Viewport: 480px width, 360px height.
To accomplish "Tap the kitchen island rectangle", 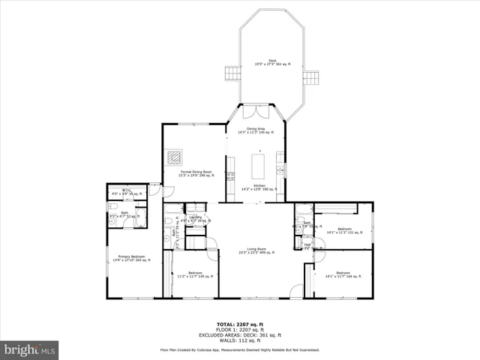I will (258, 165).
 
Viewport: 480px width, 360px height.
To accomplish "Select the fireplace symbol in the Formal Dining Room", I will (174, 157).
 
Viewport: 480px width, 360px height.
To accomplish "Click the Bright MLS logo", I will (29, 349).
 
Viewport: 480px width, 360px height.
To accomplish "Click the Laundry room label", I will (195, 219).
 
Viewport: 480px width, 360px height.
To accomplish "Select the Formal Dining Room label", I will (196, 173).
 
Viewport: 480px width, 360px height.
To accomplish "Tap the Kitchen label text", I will (258, 187).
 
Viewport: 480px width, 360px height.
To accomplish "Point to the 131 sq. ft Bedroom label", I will (344, 230).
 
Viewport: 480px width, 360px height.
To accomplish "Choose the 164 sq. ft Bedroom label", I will (343, 274).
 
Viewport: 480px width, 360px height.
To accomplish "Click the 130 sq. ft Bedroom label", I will (195, 274).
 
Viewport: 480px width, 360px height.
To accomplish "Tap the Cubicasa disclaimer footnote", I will (239, 349).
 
